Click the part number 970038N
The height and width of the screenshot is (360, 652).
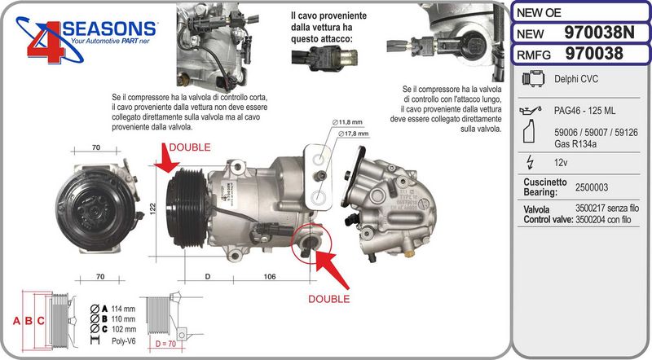click(599, 33)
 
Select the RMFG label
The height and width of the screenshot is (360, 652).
click(534, 55)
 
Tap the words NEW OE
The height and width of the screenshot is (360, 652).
click(539, 13)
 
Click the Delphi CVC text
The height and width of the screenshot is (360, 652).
click(576, 79)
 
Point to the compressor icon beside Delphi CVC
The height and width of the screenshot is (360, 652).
click(534, 78)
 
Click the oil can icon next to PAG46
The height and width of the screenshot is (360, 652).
click(531, 110)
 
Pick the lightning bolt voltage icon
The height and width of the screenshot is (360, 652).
click(530, 162)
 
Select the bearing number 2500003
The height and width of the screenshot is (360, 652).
click(592, 187)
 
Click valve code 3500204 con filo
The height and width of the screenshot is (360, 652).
click(603, 219)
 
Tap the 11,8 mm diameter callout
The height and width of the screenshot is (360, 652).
click(347, 122)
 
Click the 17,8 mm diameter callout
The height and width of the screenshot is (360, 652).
click(353, 134)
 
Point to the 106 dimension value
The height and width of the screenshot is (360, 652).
click(270, 276)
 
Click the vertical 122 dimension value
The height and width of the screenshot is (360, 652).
click(152, 209)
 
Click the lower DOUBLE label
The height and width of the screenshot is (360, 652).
click(329, 299)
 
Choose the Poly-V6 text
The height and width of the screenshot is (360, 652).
click(124, 341)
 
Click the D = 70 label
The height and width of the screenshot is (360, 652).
click(165, 344)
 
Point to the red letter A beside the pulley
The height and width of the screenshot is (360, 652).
click(16, 321)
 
